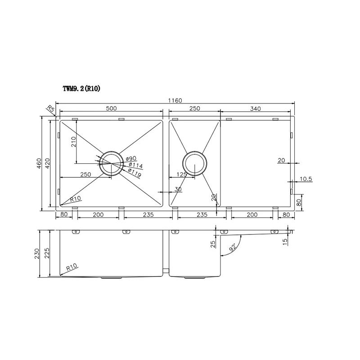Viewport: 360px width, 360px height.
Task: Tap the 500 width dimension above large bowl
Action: click(x=111, y=108)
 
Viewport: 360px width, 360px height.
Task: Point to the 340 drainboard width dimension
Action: click(x=256, y=108)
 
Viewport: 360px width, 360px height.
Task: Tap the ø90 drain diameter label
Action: click(x=131, y=158)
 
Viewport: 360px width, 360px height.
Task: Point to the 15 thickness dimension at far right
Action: click(x=297, y=242)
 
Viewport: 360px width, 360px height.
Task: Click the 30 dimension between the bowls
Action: click(x=178, y=190)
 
